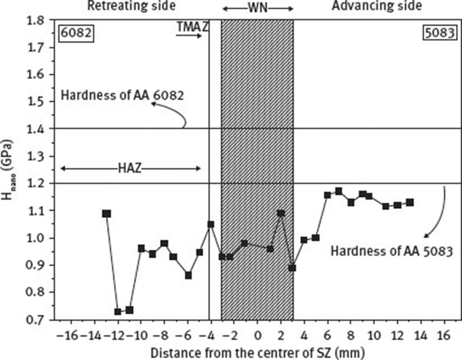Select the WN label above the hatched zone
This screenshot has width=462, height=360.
pyautogui.click(x=257, y=8)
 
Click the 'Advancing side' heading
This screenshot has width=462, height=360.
pyautogui.click(x=377, y=6)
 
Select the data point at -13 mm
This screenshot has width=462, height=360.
pyautogui.click(x=107, y=214)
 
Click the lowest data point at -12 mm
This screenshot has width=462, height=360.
pyautogui.click(x=118, y=311)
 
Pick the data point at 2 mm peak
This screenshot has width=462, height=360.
pyautogui.click(x=281, y=213)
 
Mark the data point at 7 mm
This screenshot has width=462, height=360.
pyautogui.click(x=339, y=191)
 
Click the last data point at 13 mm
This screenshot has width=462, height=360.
pyautogui.click(x=410, y=202)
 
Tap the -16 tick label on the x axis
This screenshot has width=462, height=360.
pyautogui.click(x=73, y=335)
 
